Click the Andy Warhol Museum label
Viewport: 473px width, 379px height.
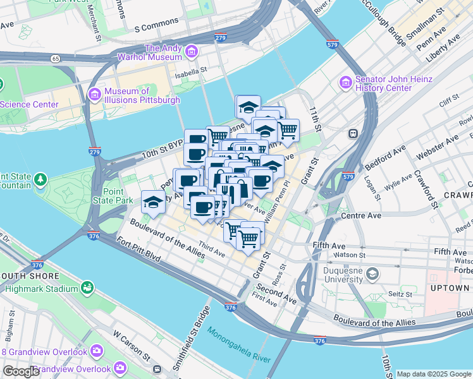(x=163, y=52)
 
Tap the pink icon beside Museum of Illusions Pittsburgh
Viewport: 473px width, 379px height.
(x=94, y=95)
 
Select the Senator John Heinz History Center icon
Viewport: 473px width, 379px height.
(x=345, y=83)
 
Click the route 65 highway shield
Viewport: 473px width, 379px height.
(x=56, y=58)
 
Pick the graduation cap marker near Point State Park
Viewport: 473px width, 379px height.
(x=153, y=202)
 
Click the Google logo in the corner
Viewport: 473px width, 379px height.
(x=21, y=371)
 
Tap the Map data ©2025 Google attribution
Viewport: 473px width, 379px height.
(x=434, y=374)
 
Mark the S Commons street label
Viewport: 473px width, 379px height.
(x=157, y=28)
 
